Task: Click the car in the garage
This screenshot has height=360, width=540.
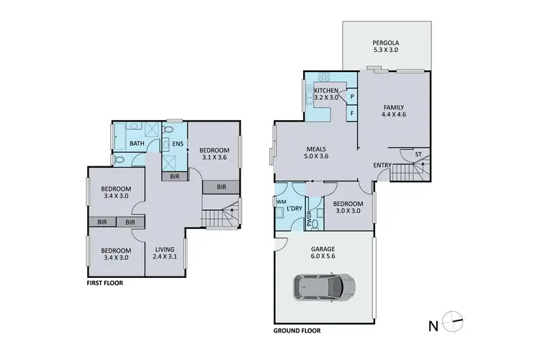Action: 323,287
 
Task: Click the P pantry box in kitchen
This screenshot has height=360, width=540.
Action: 352,96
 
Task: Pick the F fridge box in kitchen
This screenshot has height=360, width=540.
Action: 352,113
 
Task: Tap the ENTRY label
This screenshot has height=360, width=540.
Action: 382,166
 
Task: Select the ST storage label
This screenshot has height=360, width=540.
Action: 418,154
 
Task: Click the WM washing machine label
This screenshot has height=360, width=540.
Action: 280,202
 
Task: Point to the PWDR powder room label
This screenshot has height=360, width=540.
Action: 310,219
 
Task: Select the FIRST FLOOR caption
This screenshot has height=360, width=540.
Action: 105,283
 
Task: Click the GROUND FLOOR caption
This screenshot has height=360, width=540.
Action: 297,331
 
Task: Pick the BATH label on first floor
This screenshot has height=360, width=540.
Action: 138,143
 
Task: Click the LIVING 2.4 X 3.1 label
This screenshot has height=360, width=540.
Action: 164,253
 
